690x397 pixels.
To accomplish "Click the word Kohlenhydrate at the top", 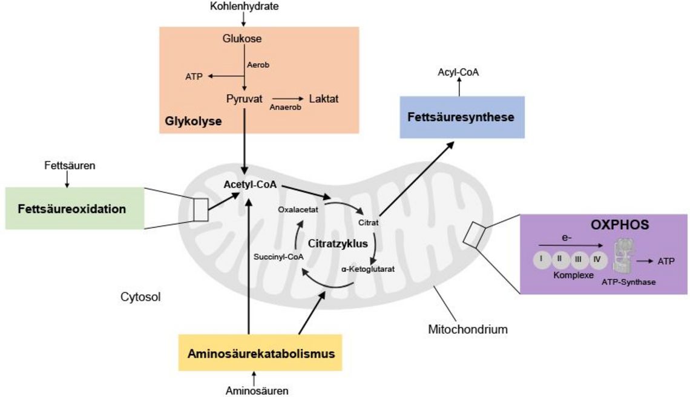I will coord(245,7).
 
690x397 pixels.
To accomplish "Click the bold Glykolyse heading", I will coord(193,122).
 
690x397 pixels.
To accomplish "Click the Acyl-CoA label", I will coord(458,73).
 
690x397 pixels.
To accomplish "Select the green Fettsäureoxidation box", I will coord(74,209).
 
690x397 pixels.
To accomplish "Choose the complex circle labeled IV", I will coord(597,260).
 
